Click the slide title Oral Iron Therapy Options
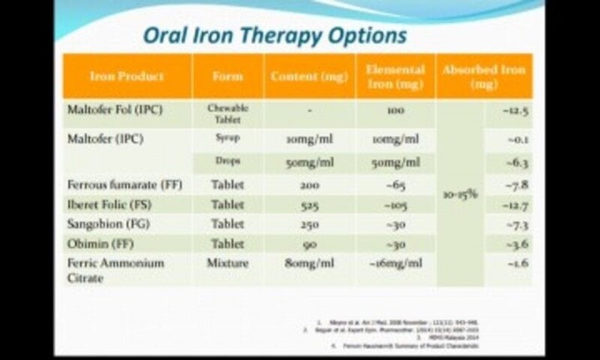point(275,35)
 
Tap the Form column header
point(227,77)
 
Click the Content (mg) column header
point(309,77)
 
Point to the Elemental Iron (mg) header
point(395,77)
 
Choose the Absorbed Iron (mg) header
point(483,77)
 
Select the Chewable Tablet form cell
point(227,114)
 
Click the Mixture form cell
point(227,263)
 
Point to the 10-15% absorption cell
point(459,194)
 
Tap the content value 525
point(309,204)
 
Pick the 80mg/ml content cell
point(309,263)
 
